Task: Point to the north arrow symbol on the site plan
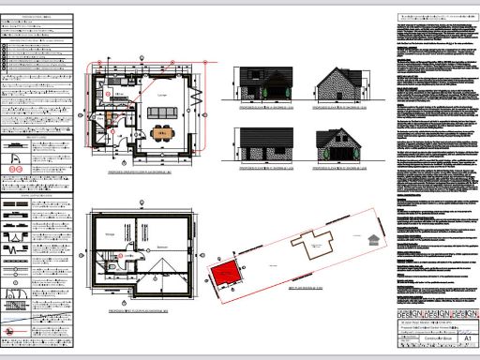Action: pyautogui.click(x=375, y=236)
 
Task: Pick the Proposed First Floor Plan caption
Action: pyautogui.click(x=141, y=307)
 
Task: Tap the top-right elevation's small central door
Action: pyautogui.click(x=340, y=95)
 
